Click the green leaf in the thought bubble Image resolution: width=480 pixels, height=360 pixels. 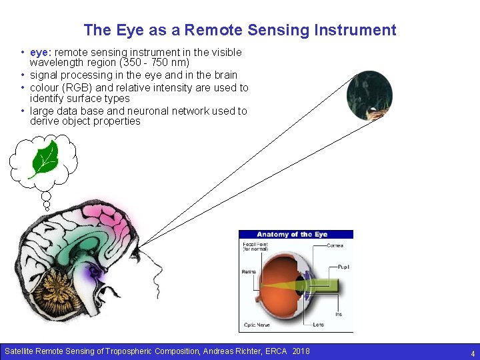pyautogui.click(x=45, y=158)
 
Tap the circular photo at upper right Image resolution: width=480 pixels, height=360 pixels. pyautogui.click(x=369, y=95)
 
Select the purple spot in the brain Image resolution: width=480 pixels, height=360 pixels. pyautogui.click(x=95, y=271)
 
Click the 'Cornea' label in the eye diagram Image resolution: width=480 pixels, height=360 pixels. pyautogui.click(x=335, y=245)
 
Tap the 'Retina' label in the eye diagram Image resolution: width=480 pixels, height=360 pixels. pyautogui.click(x=249, y=272)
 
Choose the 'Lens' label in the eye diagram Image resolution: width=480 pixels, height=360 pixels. pyautogui.click(x=319, y=325)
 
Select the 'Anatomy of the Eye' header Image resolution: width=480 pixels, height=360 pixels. pyautogui.click(x=292, y=234)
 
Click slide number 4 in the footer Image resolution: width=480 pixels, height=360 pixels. pyautogui.click(x=472, y=353)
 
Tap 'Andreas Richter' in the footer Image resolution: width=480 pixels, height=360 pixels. pyautogui.click(x=239, y=351)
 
